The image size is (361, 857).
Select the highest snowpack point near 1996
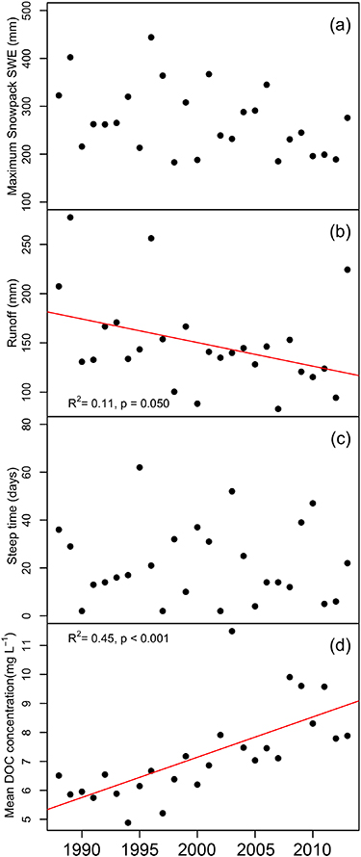coord(151,38)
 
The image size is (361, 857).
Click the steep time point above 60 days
coord(140,467)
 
